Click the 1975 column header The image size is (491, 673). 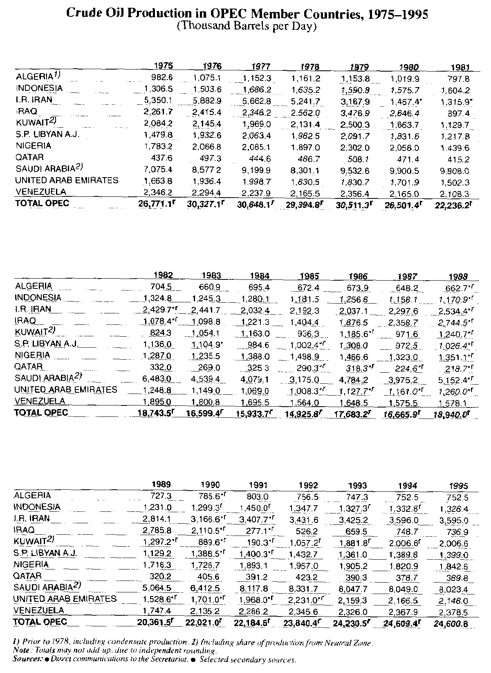(x=164, y=66)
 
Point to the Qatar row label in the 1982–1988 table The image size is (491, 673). (x=29, y=366)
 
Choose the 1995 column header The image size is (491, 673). (x=459, y=486)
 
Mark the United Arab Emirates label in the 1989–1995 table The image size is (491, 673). (x=65, y=599)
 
